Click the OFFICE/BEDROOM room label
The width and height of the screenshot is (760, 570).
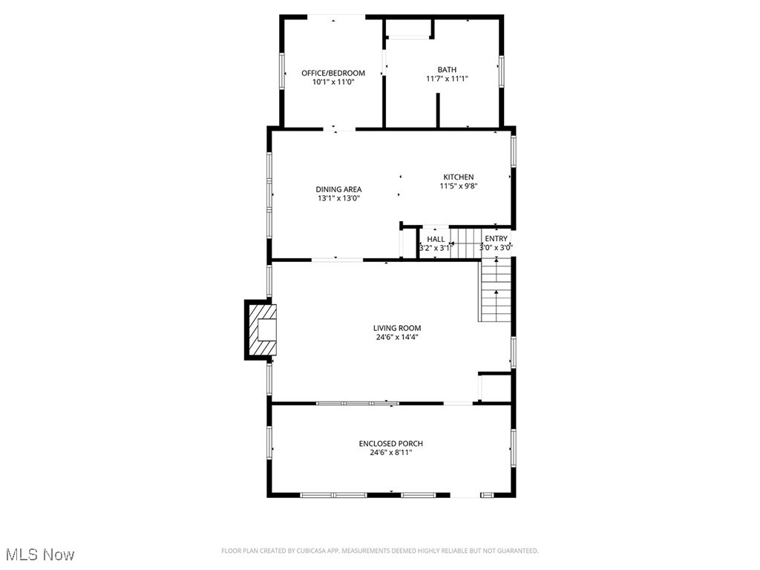pos(333,73)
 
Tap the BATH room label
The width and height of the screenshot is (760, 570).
pos(447,70)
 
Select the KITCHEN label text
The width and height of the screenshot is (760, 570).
pos(459,177)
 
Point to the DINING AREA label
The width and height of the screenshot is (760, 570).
pos(338,189)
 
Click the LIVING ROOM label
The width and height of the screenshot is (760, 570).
pos(397,328)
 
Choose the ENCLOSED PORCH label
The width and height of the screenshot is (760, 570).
pos(391,444)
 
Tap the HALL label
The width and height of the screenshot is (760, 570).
pos(436,239)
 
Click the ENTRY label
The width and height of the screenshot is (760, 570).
pos(497,239)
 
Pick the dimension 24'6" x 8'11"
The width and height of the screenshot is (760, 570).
pos(391,452)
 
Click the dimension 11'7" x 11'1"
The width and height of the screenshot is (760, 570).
pos(447,79)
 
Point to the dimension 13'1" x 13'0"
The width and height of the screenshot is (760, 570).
pos(338,198)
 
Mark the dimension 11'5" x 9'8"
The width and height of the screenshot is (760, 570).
pos(458,186)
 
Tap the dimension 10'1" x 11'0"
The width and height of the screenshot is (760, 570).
pos(333,82)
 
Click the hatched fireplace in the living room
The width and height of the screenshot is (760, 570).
pos(261,330)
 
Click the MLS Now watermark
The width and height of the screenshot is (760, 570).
pos(40,554)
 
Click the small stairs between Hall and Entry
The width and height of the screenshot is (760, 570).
pos(465,243)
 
